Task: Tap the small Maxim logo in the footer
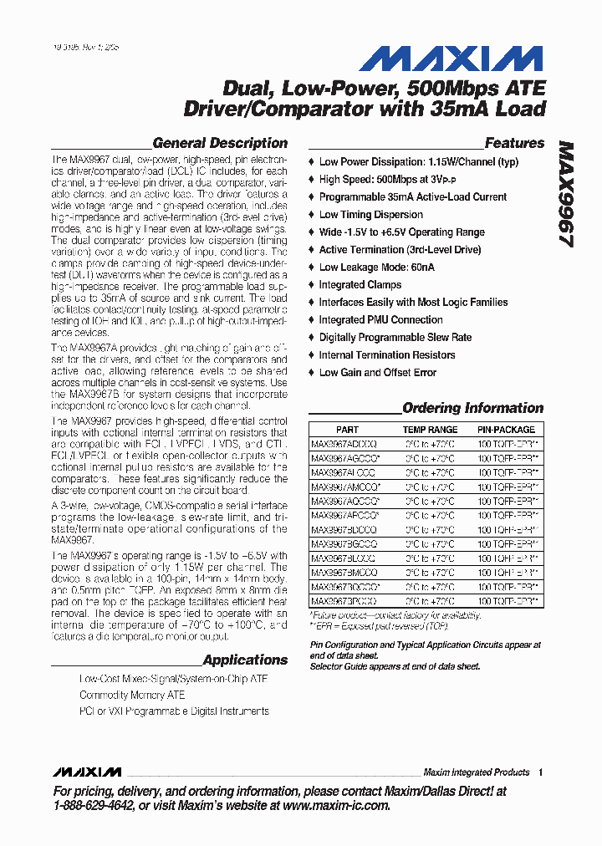click(86, 772)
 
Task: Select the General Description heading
click(220, 143)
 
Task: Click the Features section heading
click(514, 143)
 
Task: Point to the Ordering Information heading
click(472, 408)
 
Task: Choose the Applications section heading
click(245, 660)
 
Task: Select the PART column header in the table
click(347, 429)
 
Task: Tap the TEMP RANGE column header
click(430, 429)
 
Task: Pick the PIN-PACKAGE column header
click(507, 429)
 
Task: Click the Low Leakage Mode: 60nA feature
click(376, 268)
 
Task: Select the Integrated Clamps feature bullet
click(360, 285)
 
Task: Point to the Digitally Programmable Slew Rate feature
click(395, 338)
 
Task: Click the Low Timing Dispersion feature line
click(370, 215)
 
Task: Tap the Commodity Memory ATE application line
click(132, 695)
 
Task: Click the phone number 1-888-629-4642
click(94, 806)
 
